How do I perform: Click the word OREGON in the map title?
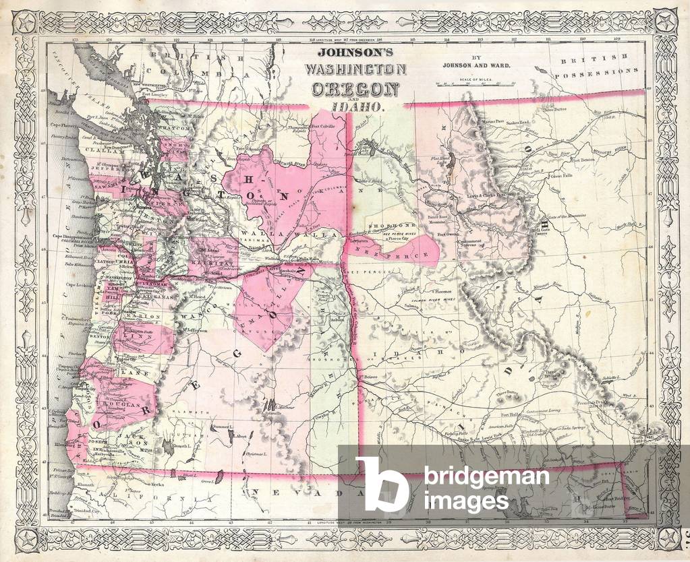(x=353, y=89)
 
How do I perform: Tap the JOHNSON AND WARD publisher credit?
(x=476, y=65)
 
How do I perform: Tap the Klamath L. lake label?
(x=183, y=446)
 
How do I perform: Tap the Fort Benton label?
(x=584, y=160)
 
